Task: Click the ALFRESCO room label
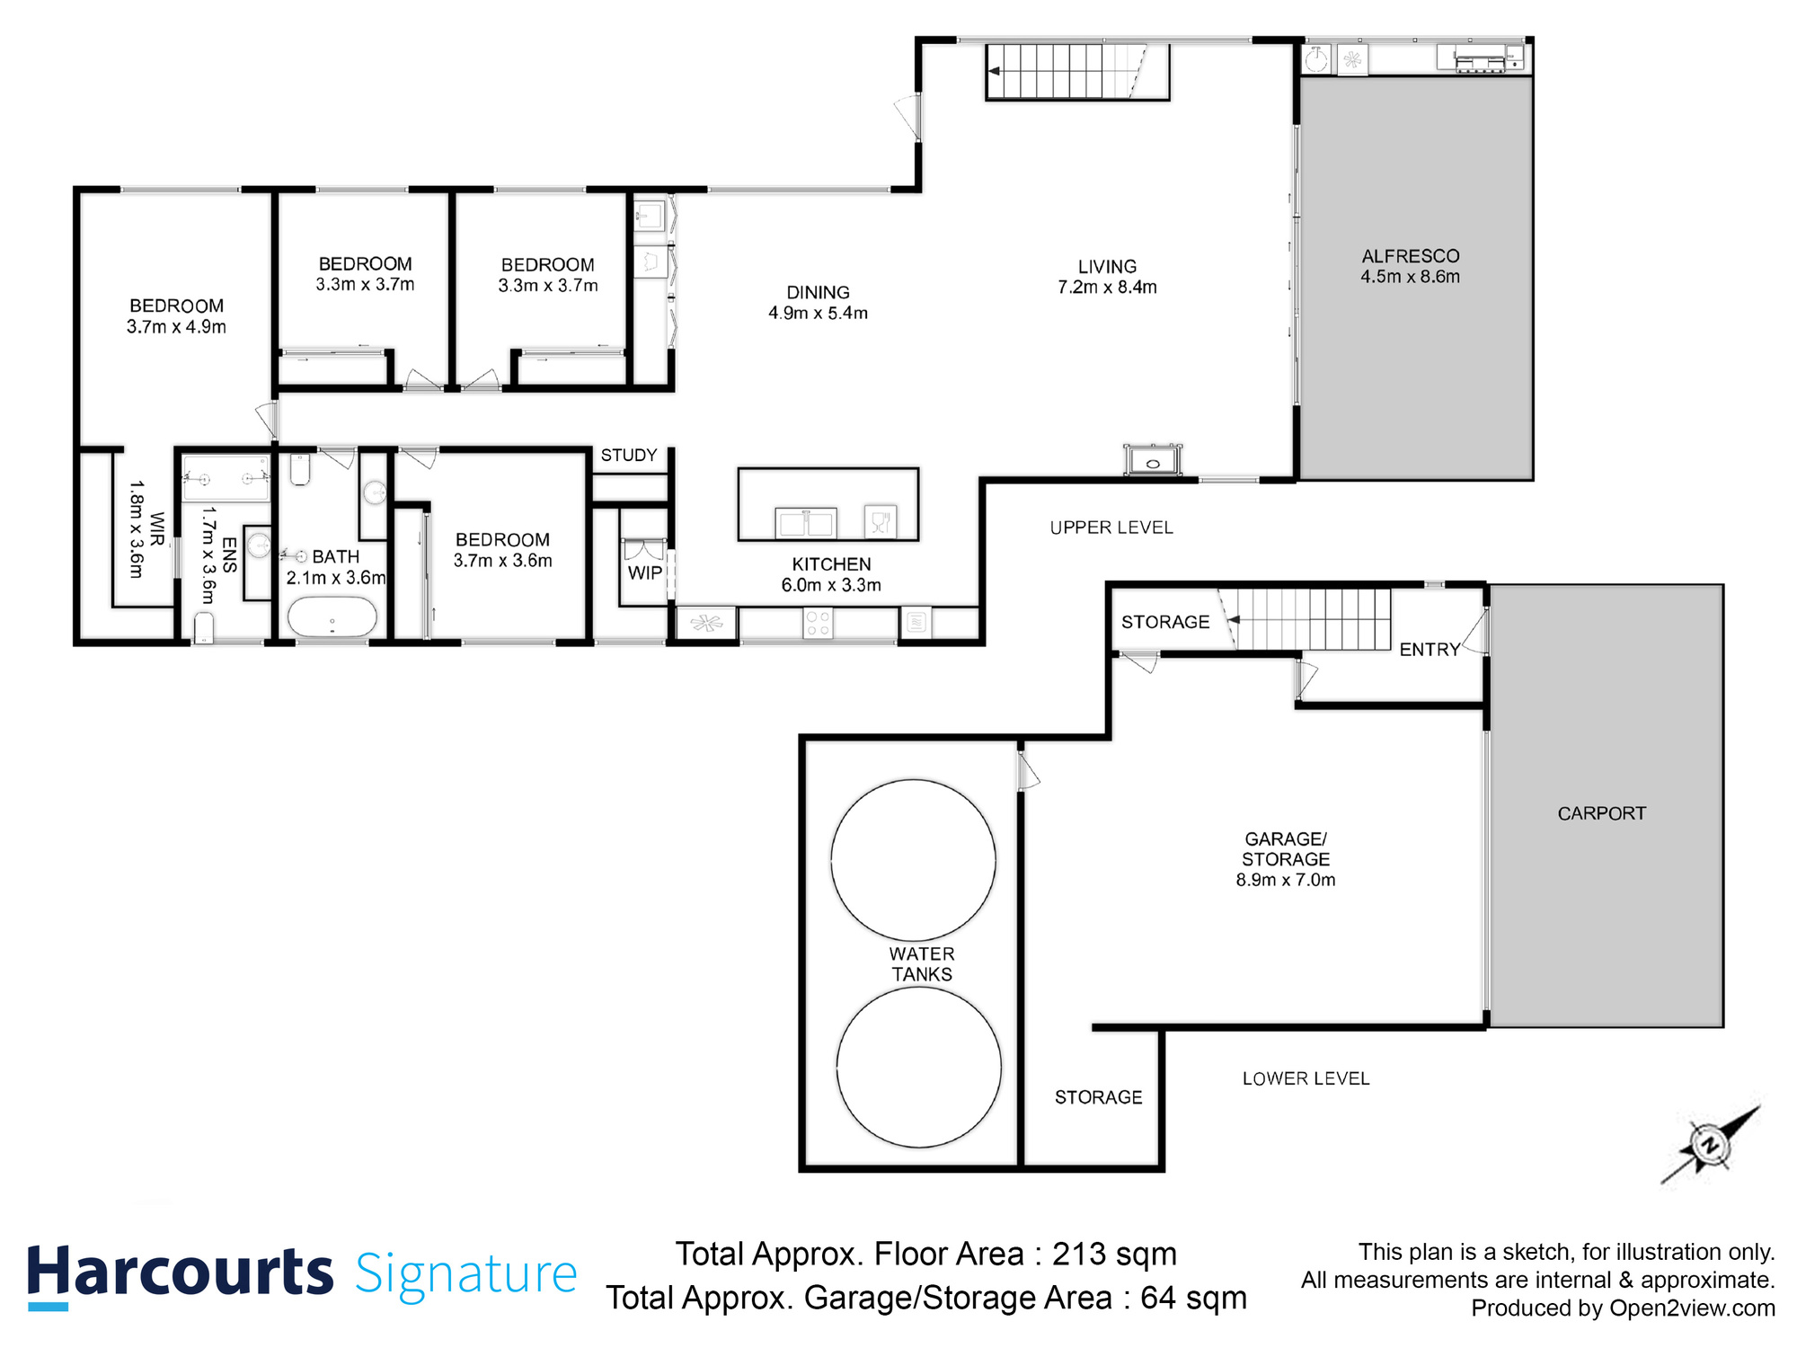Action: tap(1410, 256)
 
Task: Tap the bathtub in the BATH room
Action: tap(332, 618)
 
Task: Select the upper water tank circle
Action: tap(913, 859)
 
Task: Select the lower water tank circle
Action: tap(918, 1068)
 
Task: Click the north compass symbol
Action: tap(1709, 1145)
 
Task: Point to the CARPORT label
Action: tap(1601, 813)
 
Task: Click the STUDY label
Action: tap(629, 456)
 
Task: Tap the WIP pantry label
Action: tap(644, 573)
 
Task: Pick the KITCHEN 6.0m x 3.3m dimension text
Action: tap(831, 585)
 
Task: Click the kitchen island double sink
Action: tap(806, 522)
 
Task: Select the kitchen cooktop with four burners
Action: tap(818, 624)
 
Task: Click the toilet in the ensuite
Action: tap(204, 626)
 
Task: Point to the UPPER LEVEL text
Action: tap(1111, 528)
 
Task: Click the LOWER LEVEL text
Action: tap(1306, 1078)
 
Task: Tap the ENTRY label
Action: tap(1430, 650)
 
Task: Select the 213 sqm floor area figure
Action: tap(1114, 1254)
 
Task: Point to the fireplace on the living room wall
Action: tap(1153, 460)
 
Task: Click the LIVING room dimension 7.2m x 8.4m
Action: tap(1107, 288)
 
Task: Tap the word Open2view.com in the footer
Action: tap(1692, 1308)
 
